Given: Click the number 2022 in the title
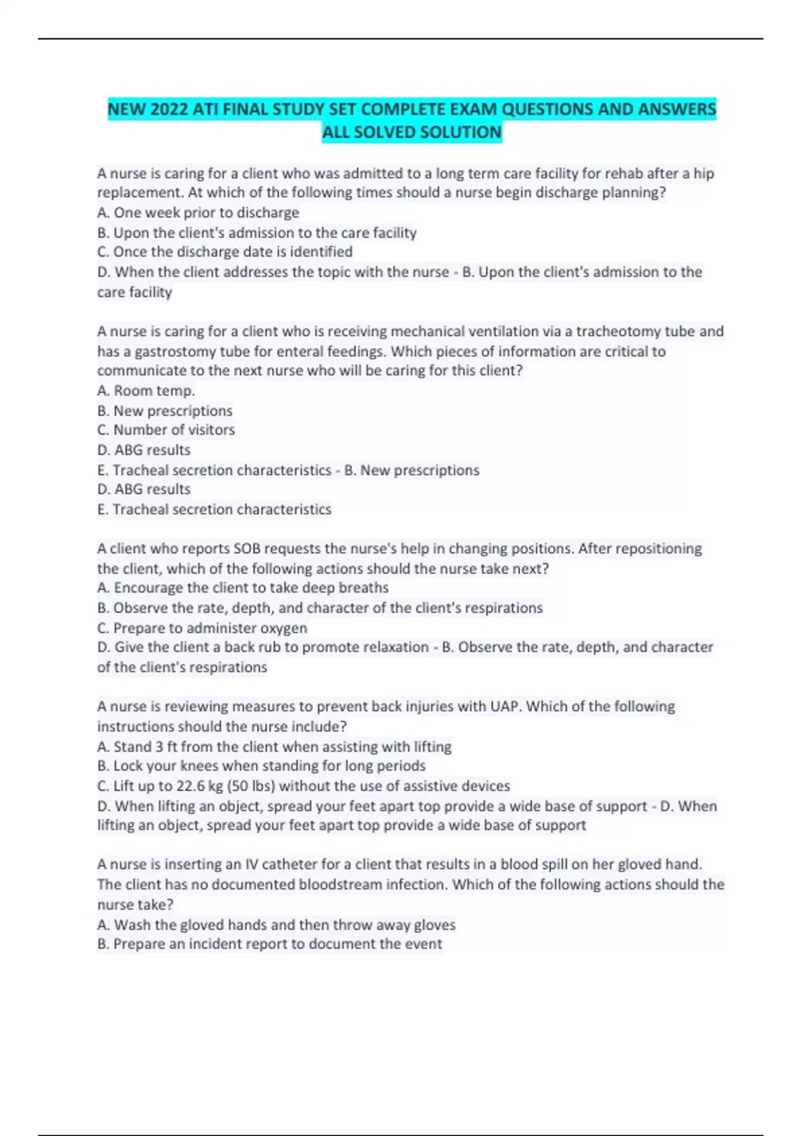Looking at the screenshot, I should coord(170,110).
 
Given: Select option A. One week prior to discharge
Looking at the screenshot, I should coord(198,212).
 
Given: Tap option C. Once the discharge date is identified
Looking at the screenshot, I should coord(225,252).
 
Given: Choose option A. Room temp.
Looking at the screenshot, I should coord(146,390).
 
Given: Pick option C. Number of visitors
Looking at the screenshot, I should coord(166,430).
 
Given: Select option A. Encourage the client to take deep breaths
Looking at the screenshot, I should coord(243,588).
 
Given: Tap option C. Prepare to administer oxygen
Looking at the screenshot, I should coord(202,628).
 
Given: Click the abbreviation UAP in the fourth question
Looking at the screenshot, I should coord(505,706).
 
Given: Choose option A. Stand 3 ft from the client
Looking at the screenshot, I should coord(274,746).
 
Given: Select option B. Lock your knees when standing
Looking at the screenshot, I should coord(261,766).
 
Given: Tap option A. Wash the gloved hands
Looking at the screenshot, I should coord(276,925).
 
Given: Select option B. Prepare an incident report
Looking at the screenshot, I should coord(269,944).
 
